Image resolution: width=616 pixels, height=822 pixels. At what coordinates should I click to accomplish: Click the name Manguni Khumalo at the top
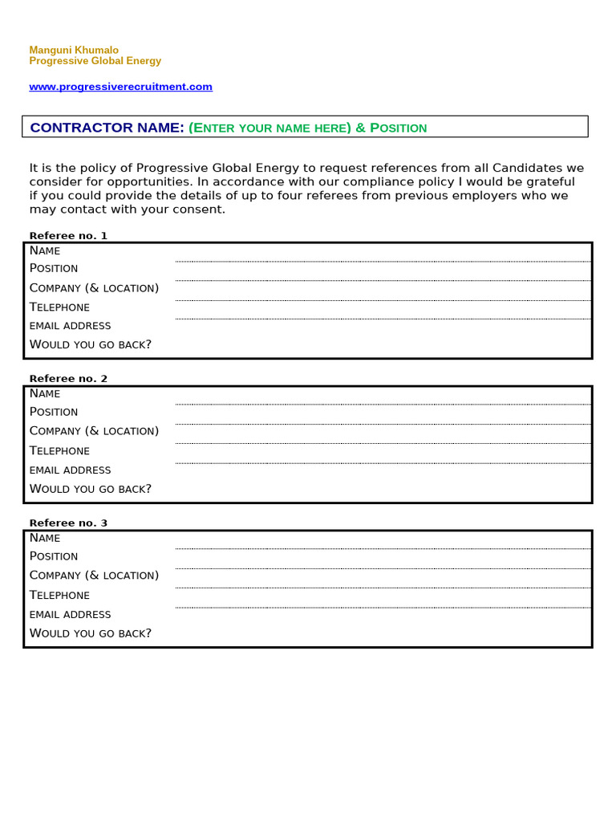(74, 50)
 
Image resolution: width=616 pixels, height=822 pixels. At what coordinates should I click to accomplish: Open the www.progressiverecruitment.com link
(120, 87)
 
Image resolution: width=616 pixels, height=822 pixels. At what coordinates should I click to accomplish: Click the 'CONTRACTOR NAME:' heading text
(107, 128)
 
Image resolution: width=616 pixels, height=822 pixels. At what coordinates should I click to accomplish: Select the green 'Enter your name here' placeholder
(270, 128)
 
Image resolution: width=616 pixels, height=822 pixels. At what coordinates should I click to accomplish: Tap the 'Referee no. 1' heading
(68, 235)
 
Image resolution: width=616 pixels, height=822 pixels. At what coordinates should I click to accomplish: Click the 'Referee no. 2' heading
(68, 378)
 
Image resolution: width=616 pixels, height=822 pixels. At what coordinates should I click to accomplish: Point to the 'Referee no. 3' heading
(68, 523)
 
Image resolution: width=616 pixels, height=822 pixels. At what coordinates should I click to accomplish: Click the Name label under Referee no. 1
(45, 250)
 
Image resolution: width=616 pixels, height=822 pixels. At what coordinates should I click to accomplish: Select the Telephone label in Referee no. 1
(59, 307)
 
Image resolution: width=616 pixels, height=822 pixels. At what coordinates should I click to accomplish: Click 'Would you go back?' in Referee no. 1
(90, 344)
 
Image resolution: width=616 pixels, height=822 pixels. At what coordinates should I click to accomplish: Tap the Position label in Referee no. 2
(54, 412)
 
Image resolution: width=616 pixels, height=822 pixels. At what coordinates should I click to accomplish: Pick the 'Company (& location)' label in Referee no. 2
(94, 431)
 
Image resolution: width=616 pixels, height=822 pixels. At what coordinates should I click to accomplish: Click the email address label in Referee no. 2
(70, 470)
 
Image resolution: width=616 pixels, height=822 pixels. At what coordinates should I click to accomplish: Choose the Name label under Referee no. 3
(45, 538)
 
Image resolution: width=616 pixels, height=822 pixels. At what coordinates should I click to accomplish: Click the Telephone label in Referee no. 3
(59, 595)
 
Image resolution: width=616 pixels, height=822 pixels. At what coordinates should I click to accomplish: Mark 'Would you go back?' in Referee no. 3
(90, 633)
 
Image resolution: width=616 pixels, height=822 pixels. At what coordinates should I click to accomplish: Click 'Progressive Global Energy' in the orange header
(95, 61)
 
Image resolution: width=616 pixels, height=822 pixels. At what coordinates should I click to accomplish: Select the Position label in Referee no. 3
(54, 556)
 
